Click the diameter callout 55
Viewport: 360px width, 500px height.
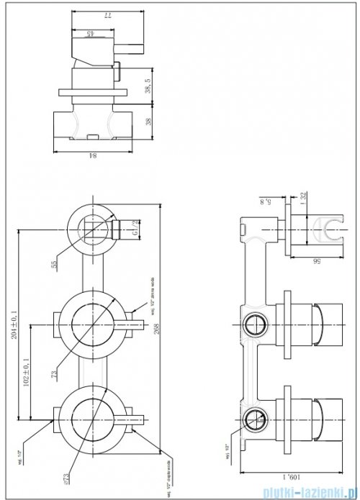tap(54, 265)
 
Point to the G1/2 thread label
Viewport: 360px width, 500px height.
tap(136, 229)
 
